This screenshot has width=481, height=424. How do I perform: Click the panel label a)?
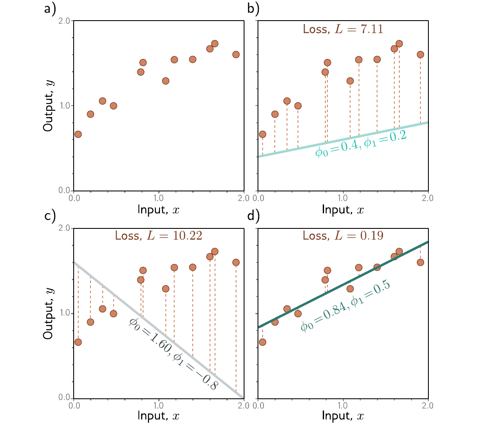point(50,8)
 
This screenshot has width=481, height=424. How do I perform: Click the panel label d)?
point(253,216)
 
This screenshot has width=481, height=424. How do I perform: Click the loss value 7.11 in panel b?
point(372,29)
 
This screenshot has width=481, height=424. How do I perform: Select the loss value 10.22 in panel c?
point(187,236)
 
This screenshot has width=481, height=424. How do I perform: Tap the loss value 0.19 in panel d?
point(372,236)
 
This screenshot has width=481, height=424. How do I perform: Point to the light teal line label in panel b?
point(361,143)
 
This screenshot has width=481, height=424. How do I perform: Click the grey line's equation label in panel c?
point(174,354)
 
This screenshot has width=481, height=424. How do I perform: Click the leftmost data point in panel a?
point(78,134)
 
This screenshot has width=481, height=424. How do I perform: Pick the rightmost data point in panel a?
point(236,55)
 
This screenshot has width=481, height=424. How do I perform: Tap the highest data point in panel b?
point(399,43)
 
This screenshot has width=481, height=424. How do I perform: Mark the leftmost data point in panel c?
point(78,342)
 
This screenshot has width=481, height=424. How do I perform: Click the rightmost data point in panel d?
point(420,262)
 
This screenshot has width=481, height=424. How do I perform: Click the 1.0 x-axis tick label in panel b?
point(343,198)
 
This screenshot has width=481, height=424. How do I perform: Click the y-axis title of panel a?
point(48,106)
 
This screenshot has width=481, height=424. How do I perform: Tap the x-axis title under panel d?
point(343,416)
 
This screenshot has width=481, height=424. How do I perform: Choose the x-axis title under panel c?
point(159,416)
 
